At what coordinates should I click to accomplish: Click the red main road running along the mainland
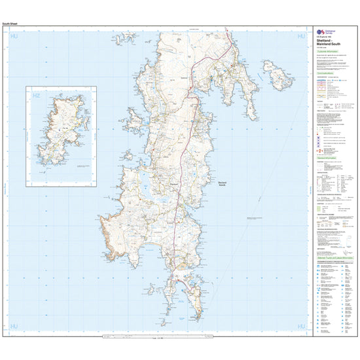click(188, 105)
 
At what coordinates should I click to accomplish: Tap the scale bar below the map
click(157, 338)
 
